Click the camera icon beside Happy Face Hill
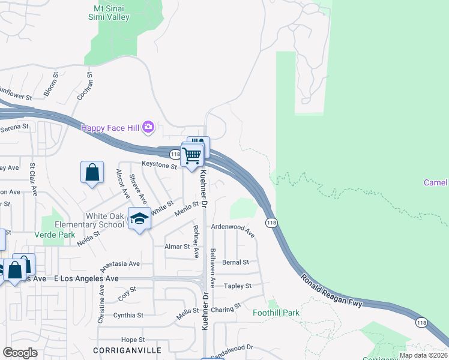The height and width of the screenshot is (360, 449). [x=149, y=127]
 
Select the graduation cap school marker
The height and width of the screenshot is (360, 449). [x=139, y=219]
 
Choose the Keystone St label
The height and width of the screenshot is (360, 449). [x=159, y=164]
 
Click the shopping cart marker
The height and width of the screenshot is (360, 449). [x=192, y=155]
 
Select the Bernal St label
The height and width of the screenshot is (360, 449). [x=235, y=262]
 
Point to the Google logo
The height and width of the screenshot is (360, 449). [x=20, y=353]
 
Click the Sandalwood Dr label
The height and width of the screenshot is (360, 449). [x=234, y=350]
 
